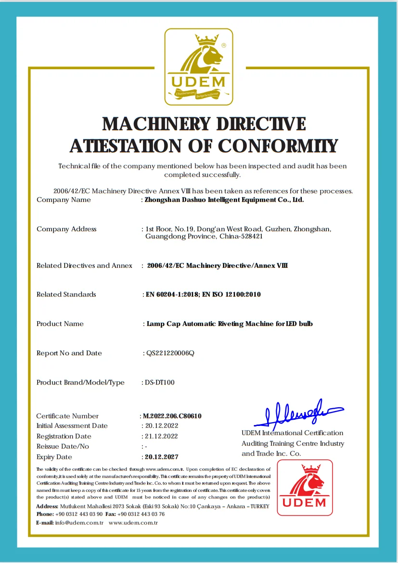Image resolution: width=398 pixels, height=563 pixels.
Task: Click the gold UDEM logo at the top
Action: (x=199, y=66)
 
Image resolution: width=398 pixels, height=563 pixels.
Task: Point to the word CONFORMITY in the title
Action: (x=278, y=145)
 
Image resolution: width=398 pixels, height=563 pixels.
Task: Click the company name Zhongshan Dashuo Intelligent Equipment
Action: (x=224, y=200)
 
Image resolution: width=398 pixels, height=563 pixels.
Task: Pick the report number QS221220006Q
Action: (x=170, y=353)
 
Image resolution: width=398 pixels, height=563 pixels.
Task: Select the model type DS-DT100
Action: (x=160, y=383)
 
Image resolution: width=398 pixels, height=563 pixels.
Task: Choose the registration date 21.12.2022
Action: (x=161, y=436)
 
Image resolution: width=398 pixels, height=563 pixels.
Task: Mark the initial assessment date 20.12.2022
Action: (x=161, y=426)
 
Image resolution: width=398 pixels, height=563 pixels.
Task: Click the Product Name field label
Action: (x=60, y=324)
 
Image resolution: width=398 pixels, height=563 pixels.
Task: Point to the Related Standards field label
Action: (x=66, y=294)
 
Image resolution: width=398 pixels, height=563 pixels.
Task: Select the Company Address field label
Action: (x=66, y=229)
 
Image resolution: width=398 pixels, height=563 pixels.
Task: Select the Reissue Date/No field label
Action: (x=63, y=447)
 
